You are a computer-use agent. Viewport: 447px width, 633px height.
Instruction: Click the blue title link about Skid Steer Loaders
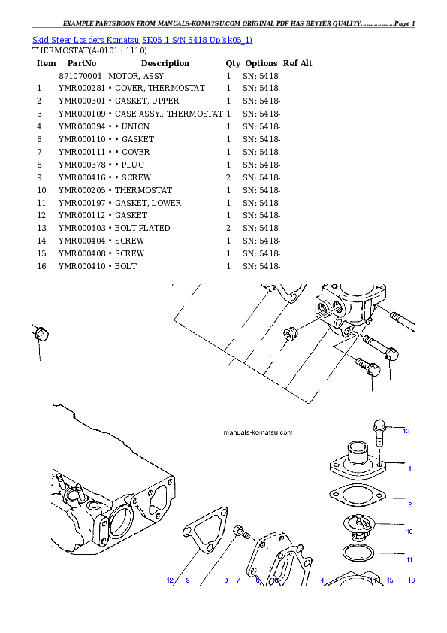[x=143, y=39]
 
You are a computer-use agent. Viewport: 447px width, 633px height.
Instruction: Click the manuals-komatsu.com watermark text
[x=258, y=433]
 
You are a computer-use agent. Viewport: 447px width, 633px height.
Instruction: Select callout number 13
[x=406, y=431]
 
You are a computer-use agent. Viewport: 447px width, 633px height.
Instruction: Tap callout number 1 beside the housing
[x=409, y=468]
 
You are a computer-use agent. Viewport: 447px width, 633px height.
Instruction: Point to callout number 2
[x=409, y=503]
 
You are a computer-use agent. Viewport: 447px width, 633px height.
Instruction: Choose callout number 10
[x=409, y=532]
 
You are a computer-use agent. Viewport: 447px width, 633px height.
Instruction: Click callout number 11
[x=409, y=559]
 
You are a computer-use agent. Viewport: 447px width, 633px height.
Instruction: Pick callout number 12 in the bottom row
[x=170, y=580]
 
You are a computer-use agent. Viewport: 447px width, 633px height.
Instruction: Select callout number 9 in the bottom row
[x=187, y=580]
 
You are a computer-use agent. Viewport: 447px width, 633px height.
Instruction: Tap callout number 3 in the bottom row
[x=225, y=580]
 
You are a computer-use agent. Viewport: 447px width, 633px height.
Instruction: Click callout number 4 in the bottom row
[x=322, y=580]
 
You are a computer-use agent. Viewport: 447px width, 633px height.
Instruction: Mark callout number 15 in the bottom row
[x=390, y=580]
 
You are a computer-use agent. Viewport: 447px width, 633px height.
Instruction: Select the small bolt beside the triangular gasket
[x=243, y=532]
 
